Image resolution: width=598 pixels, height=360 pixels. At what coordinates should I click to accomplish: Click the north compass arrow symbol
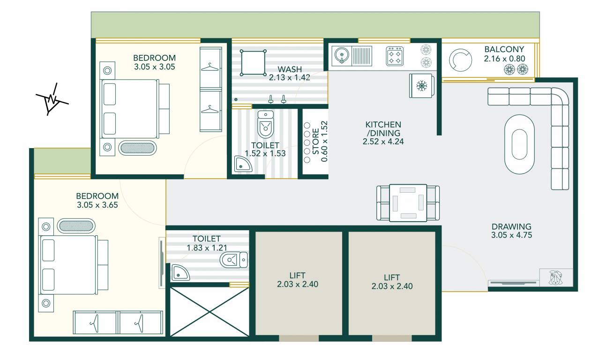pos(52,100)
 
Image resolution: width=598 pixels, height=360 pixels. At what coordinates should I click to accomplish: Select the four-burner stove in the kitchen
pos(396,56)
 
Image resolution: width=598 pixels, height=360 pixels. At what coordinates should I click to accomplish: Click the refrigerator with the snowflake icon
pos(421,86)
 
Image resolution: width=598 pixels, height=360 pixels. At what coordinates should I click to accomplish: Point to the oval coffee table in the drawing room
pos(519,144)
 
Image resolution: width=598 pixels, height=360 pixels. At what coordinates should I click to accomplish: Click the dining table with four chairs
pos(408,202)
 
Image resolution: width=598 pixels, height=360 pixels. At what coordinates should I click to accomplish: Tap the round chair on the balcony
pos(461,60)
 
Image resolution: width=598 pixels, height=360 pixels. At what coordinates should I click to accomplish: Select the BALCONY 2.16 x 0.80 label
pos(504,54)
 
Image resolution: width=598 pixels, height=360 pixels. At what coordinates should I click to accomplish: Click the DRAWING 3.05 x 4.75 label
pos(511,231)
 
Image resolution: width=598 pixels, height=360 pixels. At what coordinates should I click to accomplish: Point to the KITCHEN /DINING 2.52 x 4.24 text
pos(383,133)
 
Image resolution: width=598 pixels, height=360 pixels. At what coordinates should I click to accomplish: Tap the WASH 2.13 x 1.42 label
pos(289,73)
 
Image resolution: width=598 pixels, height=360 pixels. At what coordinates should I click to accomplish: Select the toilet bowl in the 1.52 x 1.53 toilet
pos(265,124)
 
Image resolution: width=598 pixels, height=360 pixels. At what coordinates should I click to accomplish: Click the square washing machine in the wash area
pos(253,62)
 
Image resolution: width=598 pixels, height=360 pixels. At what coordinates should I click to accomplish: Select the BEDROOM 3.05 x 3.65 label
pos(97,200)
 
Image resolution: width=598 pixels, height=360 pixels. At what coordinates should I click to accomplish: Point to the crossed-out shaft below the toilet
pos(209,312)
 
